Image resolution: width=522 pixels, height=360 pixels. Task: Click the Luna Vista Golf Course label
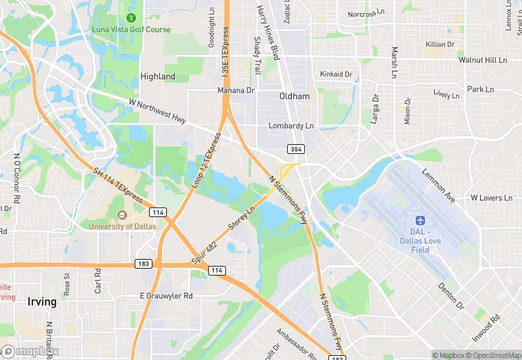click(131, 30)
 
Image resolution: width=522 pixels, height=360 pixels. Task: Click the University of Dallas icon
click(122, 216)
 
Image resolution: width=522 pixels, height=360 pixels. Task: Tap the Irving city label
click(42, 302)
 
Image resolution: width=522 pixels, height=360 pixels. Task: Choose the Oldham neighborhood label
click(295, 96)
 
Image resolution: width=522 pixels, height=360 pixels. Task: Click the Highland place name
click(157, 76)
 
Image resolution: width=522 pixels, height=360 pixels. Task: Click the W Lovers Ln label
click(491, 198)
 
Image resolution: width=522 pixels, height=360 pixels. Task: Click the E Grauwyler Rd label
click(166, 296)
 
